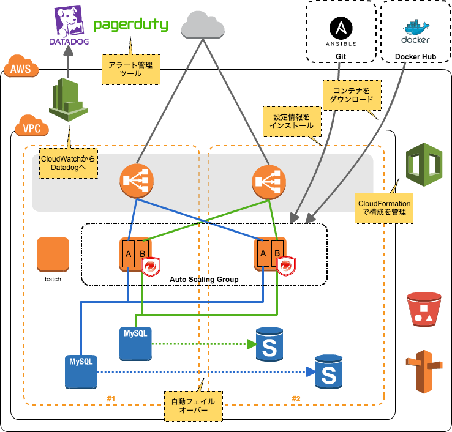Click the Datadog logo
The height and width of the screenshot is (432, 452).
(69, 25)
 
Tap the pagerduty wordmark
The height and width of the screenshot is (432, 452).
(130, 26)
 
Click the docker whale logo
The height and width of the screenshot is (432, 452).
(415, 31)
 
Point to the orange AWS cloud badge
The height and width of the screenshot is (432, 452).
(21, 67)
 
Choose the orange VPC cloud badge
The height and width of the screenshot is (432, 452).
(32, 127)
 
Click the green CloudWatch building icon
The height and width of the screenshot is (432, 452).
(68, 99)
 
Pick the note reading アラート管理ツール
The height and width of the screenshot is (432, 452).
(130, 68)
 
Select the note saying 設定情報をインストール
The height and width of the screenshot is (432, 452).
(291, 121)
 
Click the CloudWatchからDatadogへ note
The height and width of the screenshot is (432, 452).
(68, 162)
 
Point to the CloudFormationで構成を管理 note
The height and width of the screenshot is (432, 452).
(385, 207)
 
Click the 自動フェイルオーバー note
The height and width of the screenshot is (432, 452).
(193, 406)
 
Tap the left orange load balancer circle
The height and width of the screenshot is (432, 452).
(137, 181)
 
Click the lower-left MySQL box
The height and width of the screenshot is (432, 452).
(81, 371)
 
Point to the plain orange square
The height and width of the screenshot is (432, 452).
(53, 254)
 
